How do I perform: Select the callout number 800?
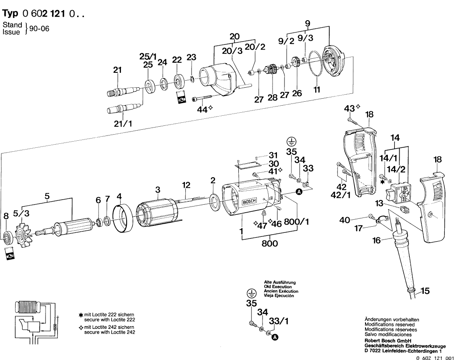pyautogui.click(x=270, y=244)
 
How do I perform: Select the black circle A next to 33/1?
pyautogui.click(x=275, y=337)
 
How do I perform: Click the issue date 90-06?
pyautogui.click(x=39, y=29)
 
